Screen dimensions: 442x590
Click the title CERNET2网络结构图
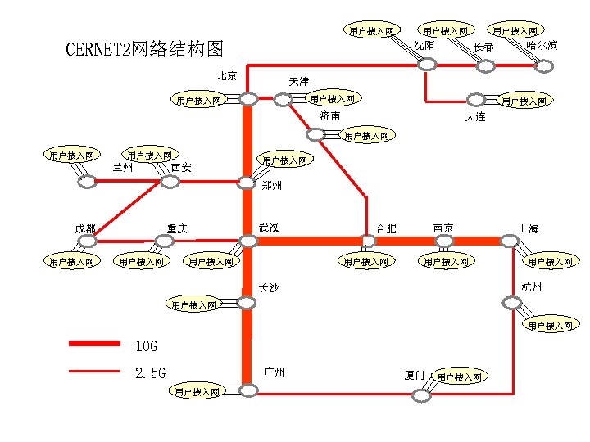[x=144, y=50]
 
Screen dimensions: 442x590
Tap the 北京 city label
[x=227, y=76]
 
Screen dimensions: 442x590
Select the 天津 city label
[x=299, y=82]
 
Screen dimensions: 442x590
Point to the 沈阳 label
[x=424, y=45]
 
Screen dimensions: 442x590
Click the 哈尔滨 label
[x=542, y=45]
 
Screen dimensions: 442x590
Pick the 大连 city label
[x=474, y=117]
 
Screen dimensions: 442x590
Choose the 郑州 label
[x=273, y=186]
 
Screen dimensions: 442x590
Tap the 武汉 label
[x=269, y=227]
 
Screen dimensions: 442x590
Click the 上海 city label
[x=529, y=229]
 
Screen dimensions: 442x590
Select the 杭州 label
[x=531, y=287]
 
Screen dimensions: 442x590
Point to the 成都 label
[x=84, y=228]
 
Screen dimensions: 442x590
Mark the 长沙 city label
[x=269, y=288]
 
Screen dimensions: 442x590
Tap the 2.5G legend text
[x=150, y=373]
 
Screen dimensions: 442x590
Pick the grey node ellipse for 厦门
[x=421, y=395]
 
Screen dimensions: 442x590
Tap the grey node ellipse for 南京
[x=444, y=241]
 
